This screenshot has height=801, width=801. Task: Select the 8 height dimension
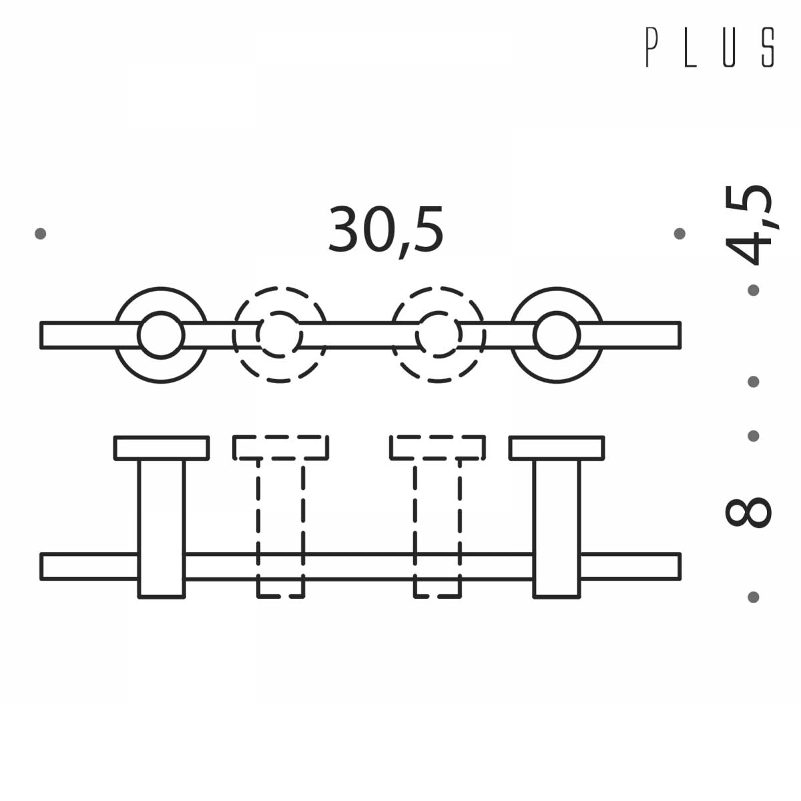coord(748,511)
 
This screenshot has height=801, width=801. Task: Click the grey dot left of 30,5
coord(41,234)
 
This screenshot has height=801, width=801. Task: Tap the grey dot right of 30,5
coord(680,234)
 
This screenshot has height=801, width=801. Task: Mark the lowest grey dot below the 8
coord(754,597)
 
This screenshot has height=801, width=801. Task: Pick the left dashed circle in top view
coord(280,335)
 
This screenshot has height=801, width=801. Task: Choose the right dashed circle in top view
coord(438,335)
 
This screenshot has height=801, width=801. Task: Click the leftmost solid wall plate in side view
coord(162,448)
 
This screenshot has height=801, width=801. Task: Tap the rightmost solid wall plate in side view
coord(557,448)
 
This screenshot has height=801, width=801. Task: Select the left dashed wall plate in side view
coord(280,448)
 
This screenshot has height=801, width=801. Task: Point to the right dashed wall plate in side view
coord(438,448)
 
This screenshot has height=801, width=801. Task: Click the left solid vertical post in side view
coord(162,527)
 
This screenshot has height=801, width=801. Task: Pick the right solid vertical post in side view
coord(557,527)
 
